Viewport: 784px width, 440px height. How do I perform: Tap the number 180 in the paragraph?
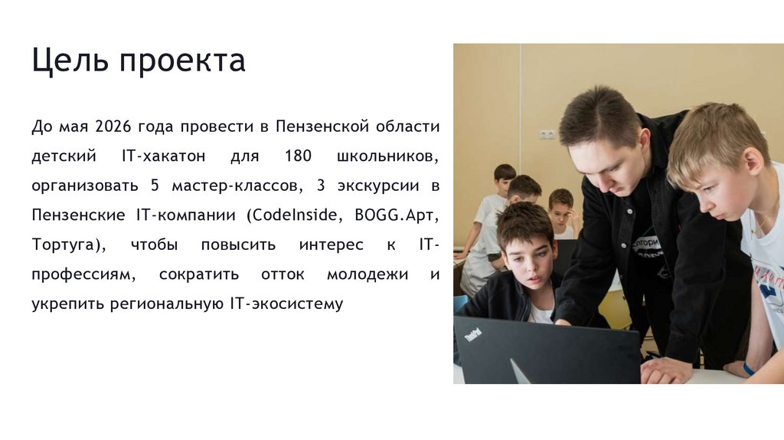click(x=297, y=156)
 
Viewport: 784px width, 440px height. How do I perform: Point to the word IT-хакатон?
click(x=164, y=156)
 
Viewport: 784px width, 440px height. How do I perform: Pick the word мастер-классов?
click(x=230, y=186)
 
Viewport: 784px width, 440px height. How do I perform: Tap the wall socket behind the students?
click(x=547, y=134)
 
